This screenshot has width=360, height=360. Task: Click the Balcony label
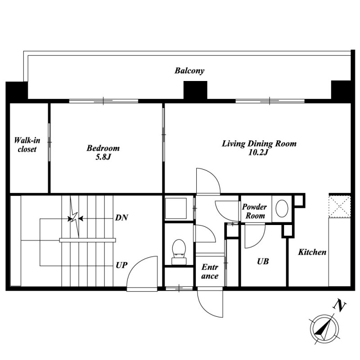[x=189, y=71]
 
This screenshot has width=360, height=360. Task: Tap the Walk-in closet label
[x=27, y=144]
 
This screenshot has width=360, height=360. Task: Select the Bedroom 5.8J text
[x=103, y=152]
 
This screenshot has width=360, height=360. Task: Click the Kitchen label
[x=312, y=252]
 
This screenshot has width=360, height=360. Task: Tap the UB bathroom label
[x=263, y=261]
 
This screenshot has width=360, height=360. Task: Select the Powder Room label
[x=254, y=211]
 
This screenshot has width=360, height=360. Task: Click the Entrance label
[x=210, y=271]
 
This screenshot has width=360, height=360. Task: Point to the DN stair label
[x=121, y=217]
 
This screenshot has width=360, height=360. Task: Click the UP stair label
[x=121, y=265]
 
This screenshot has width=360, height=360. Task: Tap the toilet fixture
[x=179, y=252]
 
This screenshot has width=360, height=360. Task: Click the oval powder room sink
[x=282, y=208]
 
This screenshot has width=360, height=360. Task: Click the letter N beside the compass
[x=340, y=306]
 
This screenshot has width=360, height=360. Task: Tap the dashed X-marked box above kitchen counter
[x=340, y=207]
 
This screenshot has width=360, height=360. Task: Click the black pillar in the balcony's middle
[x=195, y=90]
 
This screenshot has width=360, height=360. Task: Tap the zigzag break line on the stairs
[x=74, y=217]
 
